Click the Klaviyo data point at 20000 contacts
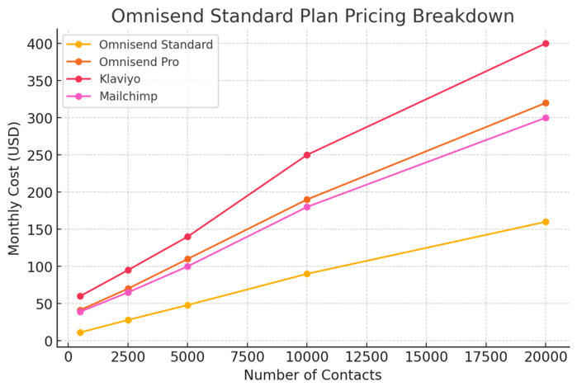546,44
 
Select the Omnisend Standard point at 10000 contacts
307,274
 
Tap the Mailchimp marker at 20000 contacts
546,118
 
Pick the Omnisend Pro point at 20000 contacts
546,103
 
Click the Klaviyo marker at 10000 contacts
307,155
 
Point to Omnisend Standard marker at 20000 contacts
546,222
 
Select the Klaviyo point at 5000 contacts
187,237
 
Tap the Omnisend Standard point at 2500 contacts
128,320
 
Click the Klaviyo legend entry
121,79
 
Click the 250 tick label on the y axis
41,155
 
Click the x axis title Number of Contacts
313,375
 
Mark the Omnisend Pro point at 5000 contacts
187,259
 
